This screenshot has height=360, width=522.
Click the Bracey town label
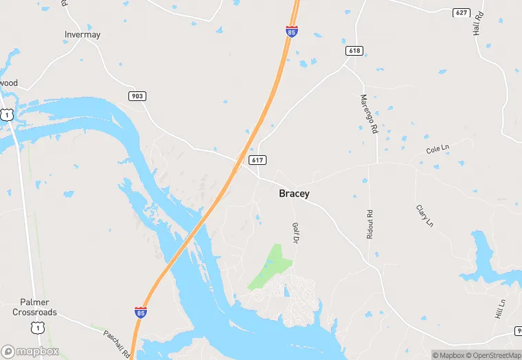(294, 194)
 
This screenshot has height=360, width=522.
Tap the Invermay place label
(82, 34)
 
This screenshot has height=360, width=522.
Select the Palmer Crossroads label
(34, 307)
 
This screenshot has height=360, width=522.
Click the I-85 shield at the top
(292, 32)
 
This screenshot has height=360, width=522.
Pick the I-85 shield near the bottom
(140, 313)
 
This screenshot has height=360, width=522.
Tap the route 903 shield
(137, 96)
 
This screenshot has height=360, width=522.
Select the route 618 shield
(354, 52)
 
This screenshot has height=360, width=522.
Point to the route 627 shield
(461, 13)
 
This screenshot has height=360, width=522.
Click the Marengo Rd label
(369, 113)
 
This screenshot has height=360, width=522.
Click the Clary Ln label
(425, 215)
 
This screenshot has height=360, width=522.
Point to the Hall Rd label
(478, 23)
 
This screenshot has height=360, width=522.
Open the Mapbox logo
(30, 351)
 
